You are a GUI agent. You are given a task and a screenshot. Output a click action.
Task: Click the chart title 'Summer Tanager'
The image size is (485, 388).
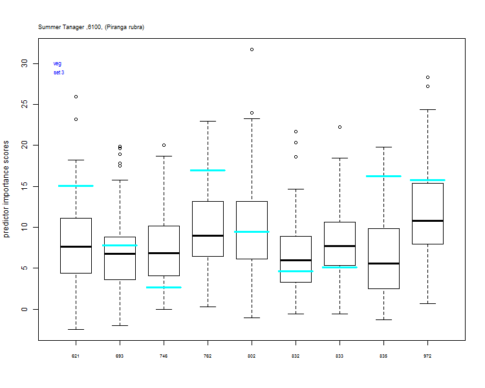(61, 27)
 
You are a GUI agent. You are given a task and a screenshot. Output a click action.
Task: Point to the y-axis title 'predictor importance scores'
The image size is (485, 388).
(6, 189)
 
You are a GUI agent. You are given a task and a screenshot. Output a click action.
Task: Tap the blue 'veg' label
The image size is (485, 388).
(57, 64)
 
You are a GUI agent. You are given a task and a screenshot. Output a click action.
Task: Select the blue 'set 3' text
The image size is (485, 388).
(59, 72)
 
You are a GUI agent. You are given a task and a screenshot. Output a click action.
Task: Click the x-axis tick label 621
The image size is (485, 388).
(76, 356)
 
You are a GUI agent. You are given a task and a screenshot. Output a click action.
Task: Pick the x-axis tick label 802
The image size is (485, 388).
(252, 356)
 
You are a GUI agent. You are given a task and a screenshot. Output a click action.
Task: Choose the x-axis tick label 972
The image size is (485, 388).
(427, 356)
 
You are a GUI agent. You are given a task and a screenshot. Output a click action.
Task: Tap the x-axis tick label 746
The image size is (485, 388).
(164, 356)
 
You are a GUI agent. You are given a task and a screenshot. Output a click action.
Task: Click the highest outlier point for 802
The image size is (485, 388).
(252, 50)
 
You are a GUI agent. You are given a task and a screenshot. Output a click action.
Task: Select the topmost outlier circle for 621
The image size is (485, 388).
(76, 97)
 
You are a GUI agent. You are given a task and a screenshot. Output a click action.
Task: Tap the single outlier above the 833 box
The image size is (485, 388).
(339, 127)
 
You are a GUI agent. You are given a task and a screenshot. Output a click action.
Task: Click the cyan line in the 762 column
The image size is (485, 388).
(208, 171)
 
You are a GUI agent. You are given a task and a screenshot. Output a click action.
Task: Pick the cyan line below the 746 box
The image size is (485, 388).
(164, 287)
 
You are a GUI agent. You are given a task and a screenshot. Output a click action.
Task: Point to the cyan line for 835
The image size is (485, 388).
(383, 177)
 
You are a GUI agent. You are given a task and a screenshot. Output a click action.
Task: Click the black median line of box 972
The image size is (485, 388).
(428, 221)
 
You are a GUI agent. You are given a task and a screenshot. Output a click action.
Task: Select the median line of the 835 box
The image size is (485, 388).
(383, 264)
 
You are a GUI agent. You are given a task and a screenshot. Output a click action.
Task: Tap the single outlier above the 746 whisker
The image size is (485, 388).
(164, 145)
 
